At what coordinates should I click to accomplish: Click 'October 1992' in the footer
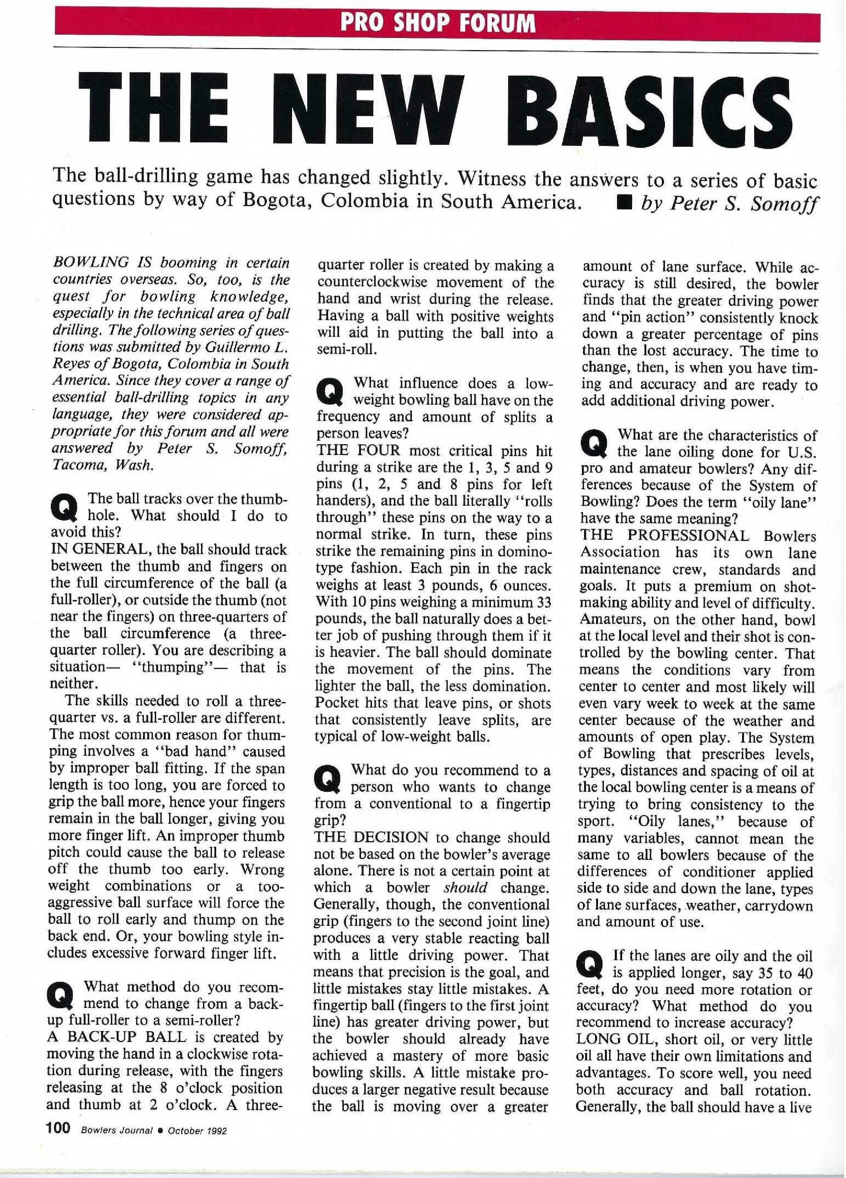[x=198, y=1130]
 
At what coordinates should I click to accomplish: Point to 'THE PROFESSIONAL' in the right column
[x=665, y=535]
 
